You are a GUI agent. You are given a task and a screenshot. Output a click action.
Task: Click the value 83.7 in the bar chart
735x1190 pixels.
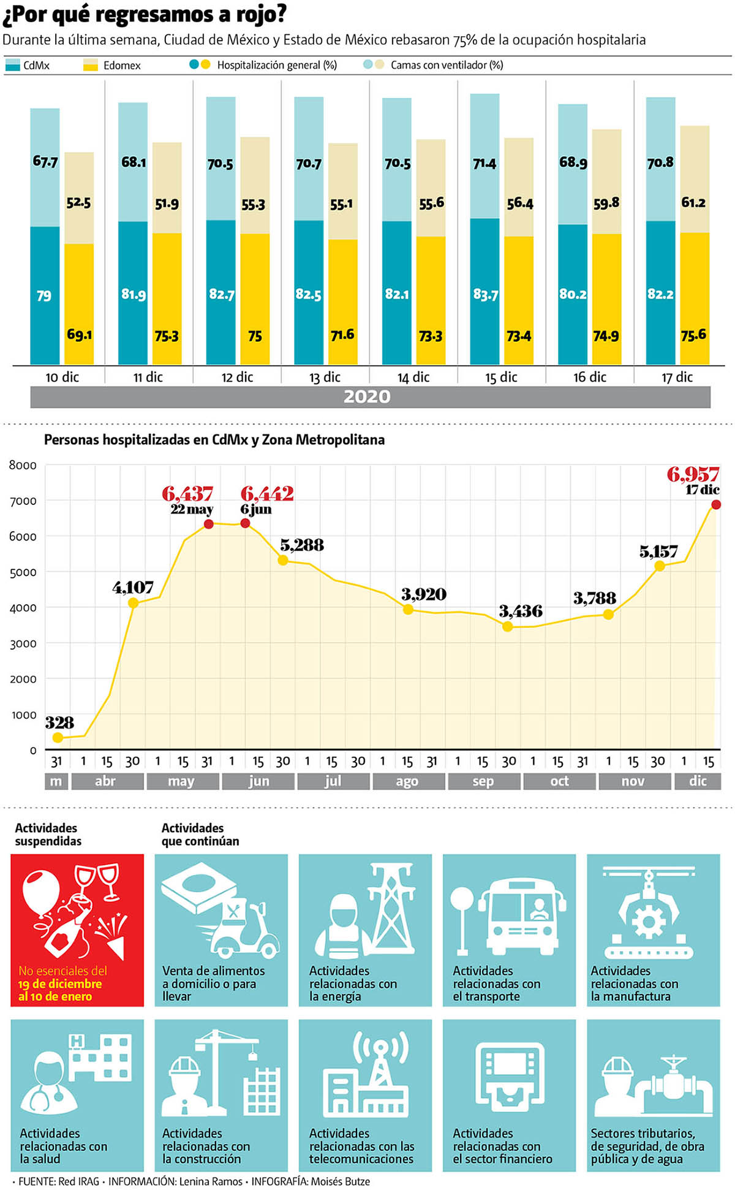485,295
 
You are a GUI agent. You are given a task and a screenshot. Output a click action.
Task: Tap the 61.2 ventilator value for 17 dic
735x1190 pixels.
693,202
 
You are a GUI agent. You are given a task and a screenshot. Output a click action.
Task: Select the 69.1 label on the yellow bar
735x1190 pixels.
79,335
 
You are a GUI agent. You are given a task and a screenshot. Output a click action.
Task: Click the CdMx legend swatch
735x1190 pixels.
12,65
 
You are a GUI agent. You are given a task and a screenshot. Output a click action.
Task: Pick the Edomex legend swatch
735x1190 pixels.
91,65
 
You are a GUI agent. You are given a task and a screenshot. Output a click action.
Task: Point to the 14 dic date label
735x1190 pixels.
413,377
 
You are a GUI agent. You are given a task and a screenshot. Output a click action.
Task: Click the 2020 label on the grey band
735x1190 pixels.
367,396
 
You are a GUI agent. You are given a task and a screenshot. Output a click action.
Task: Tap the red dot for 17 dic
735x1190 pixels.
715,504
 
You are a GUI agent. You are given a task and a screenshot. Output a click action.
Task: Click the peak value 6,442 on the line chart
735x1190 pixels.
267,493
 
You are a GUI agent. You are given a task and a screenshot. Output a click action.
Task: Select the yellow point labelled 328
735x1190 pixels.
58,738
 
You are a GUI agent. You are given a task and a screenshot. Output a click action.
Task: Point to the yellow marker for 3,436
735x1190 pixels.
507,626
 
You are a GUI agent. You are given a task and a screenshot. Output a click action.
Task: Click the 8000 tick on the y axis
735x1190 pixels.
23,465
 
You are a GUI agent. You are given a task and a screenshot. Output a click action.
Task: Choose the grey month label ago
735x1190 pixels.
407,781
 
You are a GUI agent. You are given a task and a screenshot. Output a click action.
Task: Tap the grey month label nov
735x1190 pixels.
633,781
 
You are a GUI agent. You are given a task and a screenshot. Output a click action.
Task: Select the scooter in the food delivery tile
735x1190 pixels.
245,928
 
